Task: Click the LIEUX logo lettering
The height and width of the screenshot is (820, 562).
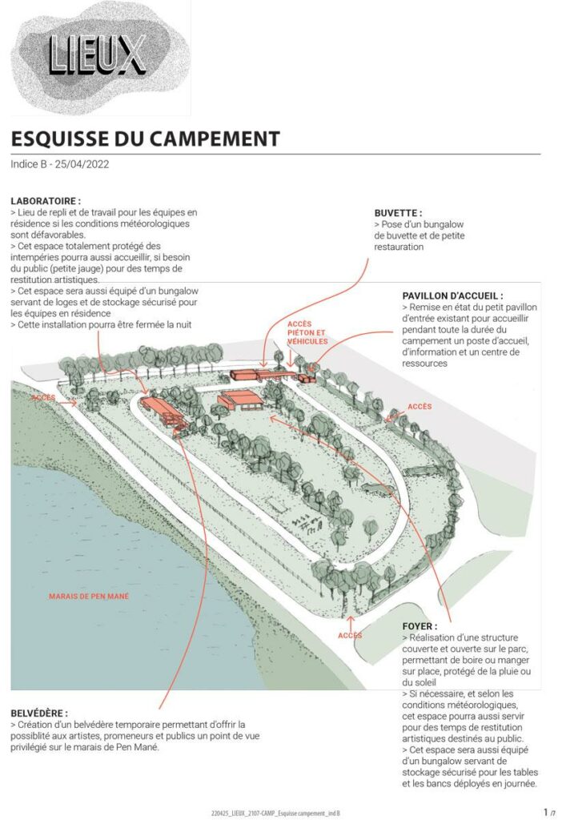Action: pyautogui.click(x=97, y=54)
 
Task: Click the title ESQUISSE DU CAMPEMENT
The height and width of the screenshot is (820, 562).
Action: pyautogui.click(x=146, y=139)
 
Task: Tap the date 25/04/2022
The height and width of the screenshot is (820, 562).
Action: pyautogui.click(x=82, y=164)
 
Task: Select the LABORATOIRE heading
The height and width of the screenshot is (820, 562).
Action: pyautogui.click(x=46, y=201)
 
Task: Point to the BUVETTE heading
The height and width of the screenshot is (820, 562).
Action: pyautogui.click(x=399, y=213)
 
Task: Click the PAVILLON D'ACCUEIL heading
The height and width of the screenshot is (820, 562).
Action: pyautogui.click(x=453, y=295)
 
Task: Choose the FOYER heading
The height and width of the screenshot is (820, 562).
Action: pyautogui.click(x=419, y=626)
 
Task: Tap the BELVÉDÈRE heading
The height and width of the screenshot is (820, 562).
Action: pyautogui.click(x=39, y=713)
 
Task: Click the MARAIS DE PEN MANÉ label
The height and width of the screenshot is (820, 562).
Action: pyautogui.click(x=89, y=596)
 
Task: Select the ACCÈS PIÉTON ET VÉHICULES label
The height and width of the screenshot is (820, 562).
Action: pyautogui.click(x=307, y=332)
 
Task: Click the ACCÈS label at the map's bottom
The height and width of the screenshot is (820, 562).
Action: pyautogui.click(x=350, y=635)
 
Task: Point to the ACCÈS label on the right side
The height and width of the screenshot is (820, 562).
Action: pyautogui.click(x=419, y=406)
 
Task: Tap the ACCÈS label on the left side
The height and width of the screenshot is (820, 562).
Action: pyautogui.click(x=43, y=397)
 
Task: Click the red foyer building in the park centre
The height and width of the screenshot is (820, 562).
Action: pyautogui.click(x=240, y=400)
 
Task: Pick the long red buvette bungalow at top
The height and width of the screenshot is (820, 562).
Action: pyautogui.click(x=263, y=375)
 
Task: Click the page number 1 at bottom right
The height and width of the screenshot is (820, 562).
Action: pyautogui.click(x=546, y=812)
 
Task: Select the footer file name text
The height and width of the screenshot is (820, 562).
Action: pyautogui.click(x=275, y=814)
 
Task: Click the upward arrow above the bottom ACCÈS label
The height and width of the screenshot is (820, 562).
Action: pyautogui.click(x=351, y=623)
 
